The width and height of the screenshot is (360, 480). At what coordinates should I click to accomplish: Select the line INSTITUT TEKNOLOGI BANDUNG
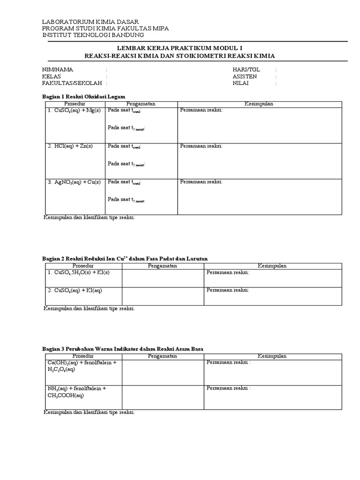(93, 35)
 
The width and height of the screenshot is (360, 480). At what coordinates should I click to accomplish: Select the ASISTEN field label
(245, 76)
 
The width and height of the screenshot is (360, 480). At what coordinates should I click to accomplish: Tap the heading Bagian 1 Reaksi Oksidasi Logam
(84, 96)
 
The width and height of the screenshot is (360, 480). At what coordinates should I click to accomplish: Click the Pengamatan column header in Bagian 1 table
(141, 104)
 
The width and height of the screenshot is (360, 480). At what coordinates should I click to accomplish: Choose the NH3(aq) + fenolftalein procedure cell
(76, 392)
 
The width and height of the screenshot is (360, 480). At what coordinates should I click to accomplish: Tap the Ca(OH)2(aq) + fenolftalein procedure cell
(82, 366)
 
